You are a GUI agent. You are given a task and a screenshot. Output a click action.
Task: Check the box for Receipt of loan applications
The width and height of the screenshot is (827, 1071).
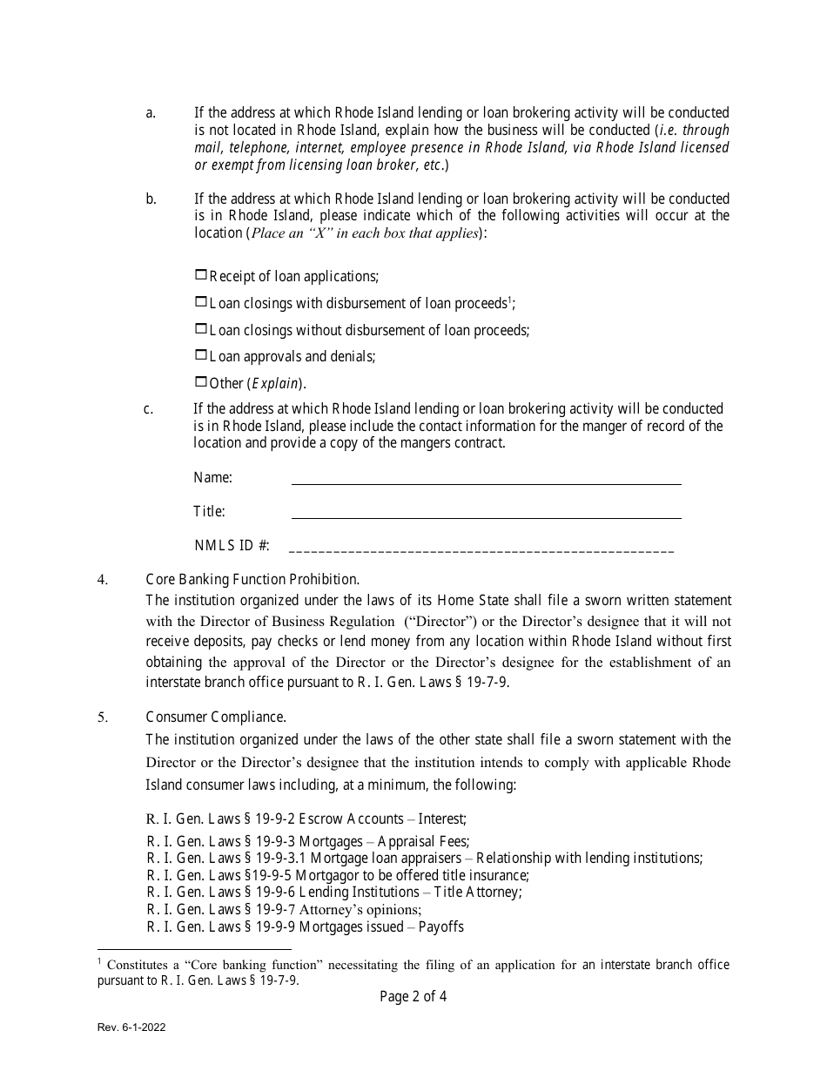[x=201, y=275]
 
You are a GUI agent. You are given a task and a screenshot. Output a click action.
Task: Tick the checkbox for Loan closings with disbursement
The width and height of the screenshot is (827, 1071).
[x=201, y=302]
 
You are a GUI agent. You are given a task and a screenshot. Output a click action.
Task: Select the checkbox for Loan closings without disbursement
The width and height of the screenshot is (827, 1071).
[x=201, y=329]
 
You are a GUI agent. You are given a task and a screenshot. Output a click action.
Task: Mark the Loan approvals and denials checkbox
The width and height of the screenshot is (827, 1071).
[x=201, y=355]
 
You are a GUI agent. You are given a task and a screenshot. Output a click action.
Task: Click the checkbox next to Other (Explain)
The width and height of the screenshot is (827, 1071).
[x=201, y=381]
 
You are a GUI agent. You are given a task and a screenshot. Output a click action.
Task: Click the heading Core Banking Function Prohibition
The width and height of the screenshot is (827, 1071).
[x=252, y=579]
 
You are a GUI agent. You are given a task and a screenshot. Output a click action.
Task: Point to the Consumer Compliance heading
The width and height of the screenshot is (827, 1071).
[x=216, y=717]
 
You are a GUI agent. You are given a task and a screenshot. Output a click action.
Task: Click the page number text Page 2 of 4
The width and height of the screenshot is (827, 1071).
[x=413, y=997]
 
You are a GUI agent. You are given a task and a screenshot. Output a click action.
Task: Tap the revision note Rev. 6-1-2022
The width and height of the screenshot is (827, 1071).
[x=131, y=1027]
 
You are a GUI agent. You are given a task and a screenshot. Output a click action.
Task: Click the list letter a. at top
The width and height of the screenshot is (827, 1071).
[x=151, y=113]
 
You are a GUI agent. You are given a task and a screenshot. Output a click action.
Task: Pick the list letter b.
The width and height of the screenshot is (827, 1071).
[x=151, y=199]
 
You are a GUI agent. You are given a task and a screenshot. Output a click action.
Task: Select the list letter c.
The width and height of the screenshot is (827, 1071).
[x=149, y=409]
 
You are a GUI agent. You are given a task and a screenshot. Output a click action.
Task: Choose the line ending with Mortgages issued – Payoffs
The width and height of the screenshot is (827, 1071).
[x=305, y=926]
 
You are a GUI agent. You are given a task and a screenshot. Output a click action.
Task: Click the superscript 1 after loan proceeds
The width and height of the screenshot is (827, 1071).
[x=510, y=299]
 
